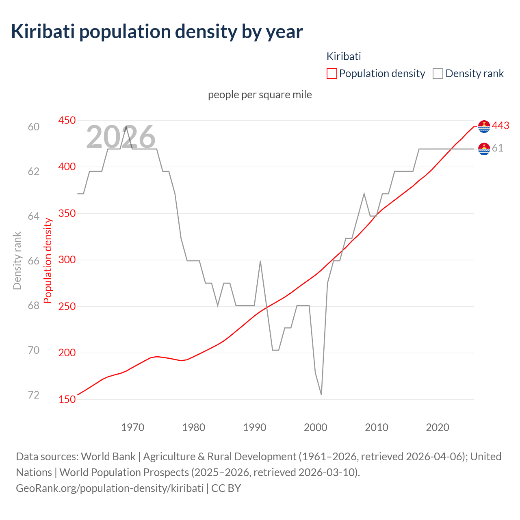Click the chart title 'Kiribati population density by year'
(x=157, y=32)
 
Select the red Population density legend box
(x=331, y=74)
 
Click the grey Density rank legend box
(x=438, y=74)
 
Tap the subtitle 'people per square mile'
(x=260, y=95)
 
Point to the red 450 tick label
(x=67, y=120)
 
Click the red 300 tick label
(x=67, y=260)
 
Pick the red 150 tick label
(x=67, y=399)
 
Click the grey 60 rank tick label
(x=34, y=127)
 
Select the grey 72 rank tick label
(x=34, y=395)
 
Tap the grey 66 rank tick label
(x=34, y=261)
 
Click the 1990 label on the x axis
(x=255, y=427)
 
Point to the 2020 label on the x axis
(x=438, y=427)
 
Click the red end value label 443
(x=500, y=126)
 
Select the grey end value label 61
(x=498, y=148)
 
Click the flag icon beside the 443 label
(x=484, y=126)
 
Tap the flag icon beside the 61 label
(x=484, y=149)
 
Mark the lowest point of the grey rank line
(x=321, y=394)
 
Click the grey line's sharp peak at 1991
(x=260, y=261)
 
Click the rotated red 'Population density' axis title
(x=48, y=260)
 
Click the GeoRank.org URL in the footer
(x=110, y=488)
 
